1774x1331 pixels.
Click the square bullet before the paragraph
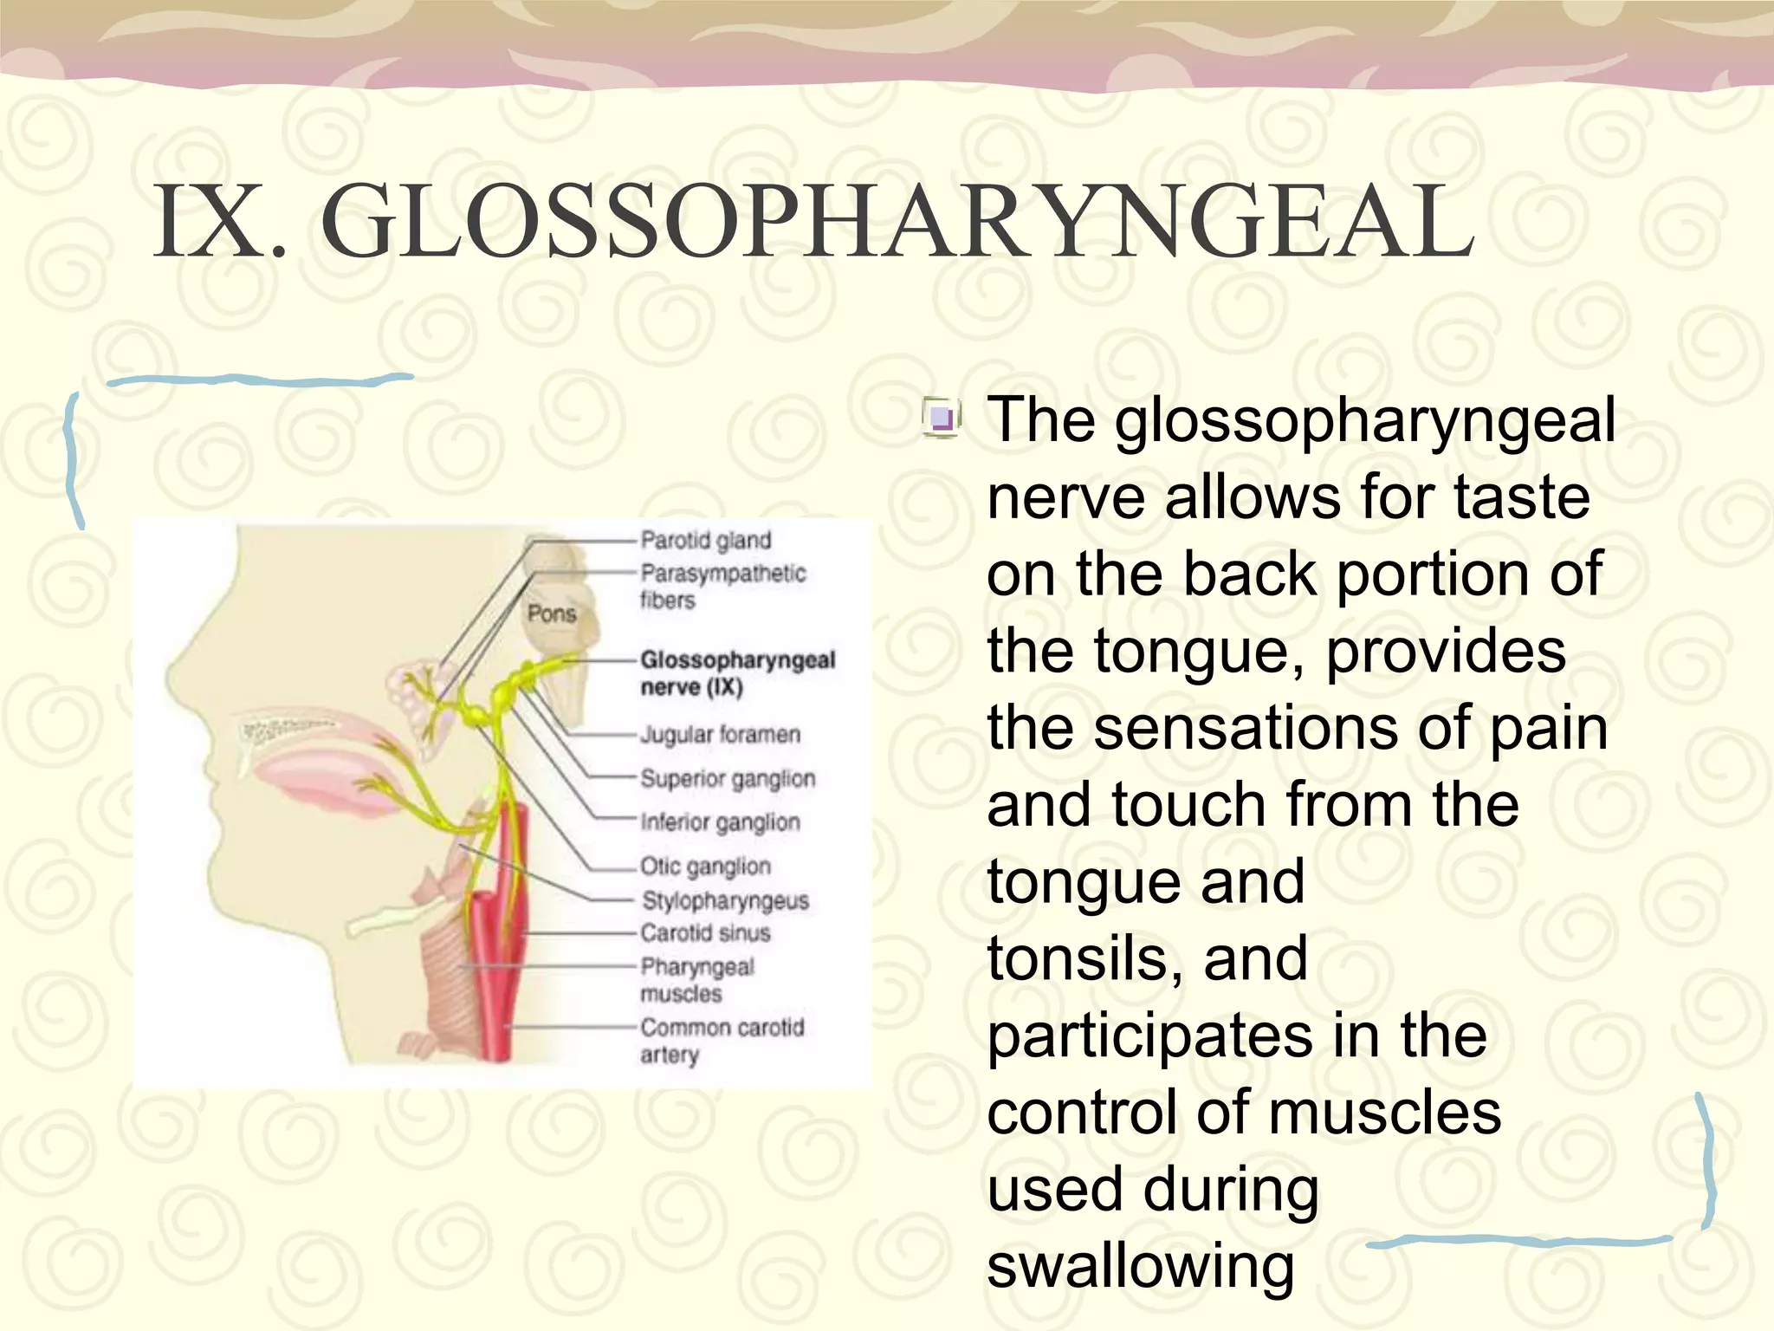coord(941,419)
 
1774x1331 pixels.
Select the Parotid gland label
coord(705,541)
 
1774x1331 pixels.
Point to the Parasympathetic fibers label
coord(722,587)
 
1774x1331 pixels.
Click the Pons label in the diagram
coord(552,614)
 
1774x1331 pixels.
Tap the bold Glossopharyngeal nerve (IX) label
coord(737,673)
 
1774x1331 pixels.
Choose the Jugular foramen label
coord(720,735)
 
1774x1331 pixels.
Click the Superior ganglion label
coord(728,779)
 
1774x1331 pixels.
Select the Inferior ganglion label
coord(720,822)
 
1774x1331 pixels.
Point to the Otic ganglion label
coord(705,867)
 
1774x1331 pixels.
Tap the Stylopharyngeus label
coord(725,901)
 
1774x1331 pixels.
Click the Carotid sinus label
coord(705,933)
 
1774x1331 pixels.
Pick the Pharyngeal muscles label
coord(697,980)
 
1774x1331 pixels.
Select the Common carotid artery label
coord(722,1041)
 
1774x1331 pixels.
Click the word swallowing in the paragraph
coord(1140,1266)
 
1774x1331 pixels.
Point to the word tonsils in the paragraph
coord(1085,958)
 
